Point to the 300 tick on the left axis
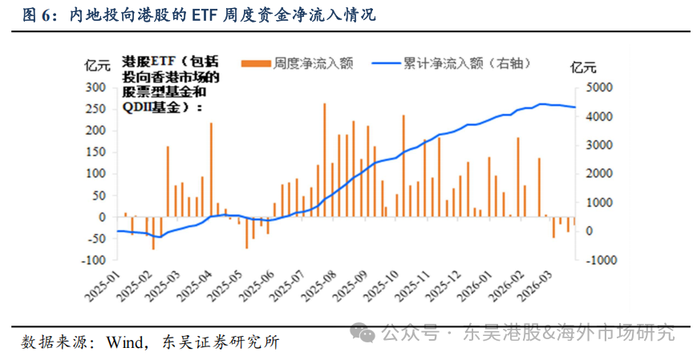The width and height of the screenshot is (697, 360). [96, 87]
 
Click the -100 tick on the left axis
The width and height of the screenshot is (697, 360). [94, 260]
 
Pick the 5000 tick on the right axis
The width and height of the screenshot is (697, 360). [600, 87]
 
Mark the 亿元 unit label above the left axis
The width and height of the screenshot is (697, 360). [96, 67]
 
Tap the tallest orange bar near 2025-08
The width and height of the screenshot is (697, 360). [324, 160]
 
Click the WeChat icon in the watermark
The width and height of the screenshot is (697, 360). [365, 332]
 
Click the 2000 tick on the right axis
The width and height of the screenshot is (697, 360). [600, 173]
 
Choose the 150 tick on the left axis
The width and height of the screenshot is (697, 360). [96, 152]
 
